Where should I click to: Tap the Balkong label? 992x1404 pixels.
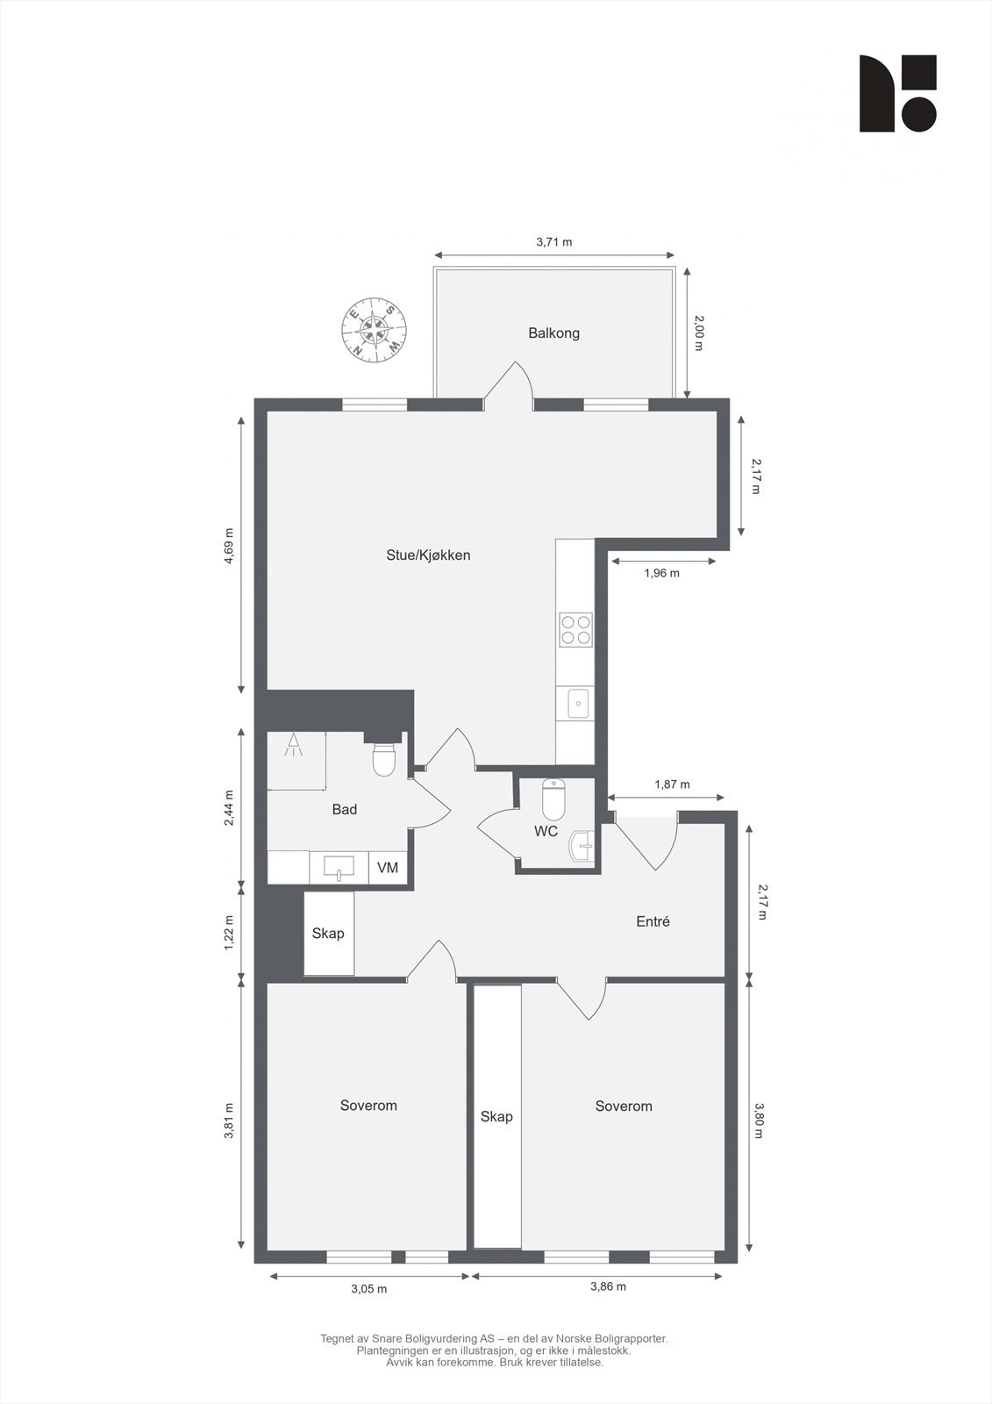[x=553, y=333]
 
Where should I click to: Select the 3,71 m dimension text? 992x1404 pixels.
[x=553, y=242]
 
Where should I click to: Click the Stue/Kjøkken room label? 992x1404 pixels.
[x=428, y=555]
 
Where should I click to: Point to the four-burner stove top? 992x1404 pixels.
[x=575, y=630]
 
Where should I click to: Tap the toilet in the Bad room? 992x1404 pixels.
[x=384, y=760]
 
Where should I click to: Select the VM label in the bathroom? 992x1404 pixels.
[x=388, y=868]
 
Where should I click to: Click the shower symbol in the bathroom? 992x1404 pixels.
[x=293, y=747]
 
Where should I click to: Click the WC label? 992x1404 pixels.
[x=546, y=831]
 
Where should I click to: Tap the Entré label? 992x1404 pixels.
[x=653, y=921]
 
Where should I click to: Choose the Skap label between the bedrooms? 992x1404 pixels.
[x=496, y=1116]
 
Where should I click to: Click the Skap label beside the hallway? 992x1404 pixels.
[x=328, y=933]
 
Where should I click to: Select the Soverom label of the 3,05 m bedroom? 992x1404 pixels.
[x=368, y=1106]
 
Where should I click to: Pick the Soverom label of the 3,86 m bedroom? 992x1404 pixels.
[x=624, y=1107]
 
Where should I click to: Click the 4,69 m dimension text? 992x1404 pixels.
[x=229, y=548]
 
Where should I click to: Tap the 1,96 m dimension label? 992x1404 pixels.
[x=661, y=573]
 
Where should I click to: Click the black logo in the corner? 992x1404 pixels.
[x=897, y=94]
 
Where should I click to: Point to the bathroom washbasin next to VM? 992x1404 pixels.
[x=339, y=868]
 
